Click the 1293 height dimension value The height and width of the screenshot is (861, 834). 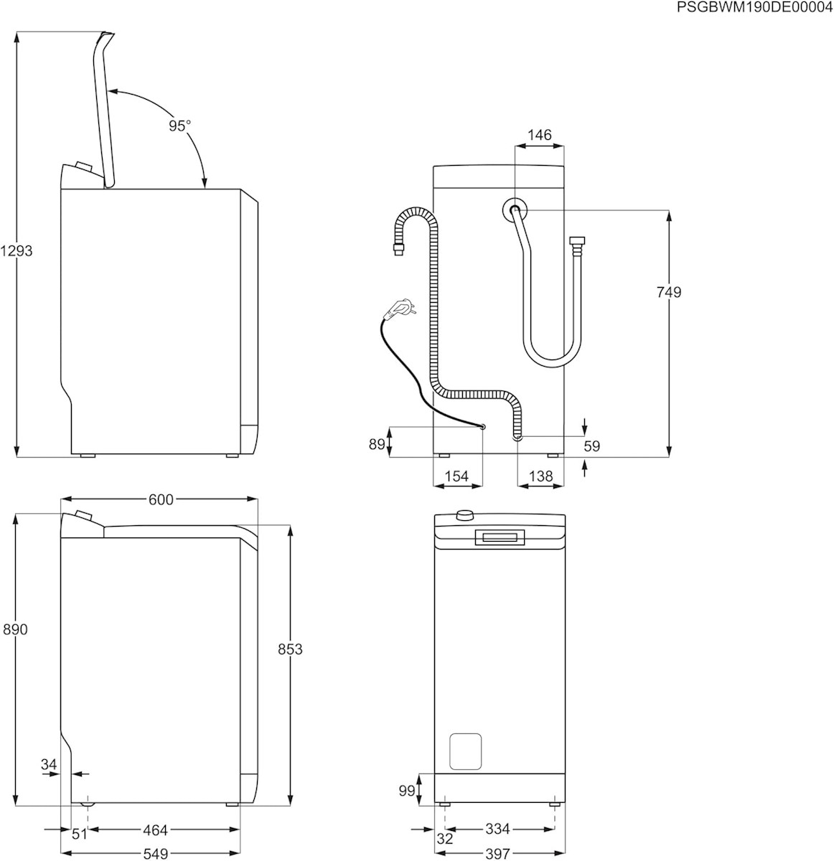point(17,251)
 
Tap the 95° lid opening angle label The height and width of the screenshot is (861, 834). point(180,126)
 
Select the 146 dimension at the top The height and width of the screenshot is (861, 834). point(539,135)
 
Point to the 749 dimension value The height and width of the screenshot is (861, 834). point(668,292)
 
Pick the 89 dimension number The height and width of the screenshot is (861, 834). point(378,444)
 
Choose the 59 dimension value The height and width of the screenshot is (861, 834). point(591,446)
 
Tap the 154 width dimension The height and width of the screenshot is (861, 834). point(456,476)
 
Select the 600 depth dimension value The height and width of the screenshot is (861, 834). point(160,499)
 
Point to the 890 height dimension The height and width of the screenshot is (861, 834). point(15,629)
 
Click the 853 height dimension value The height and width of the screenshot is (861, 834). point(290,649)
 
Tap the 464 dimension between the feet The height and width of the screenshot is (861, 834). point(154,830)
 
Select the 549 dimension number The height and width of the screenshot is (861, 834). point(155,854)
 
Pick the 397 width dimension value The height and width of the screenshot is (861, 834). point(497,854)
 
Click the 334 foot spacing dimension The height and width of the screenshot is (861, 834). point(497,829)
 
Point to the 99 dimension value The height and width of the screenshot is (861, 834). point(407,790)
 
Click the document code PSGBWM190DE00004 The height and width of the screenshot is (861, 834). point(754,7)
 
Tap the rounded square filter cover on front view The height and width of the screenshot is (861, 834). point(464,751)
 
